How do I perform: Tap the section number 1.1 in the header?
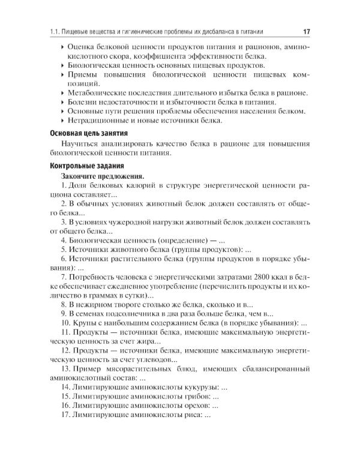pos(54,31)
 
